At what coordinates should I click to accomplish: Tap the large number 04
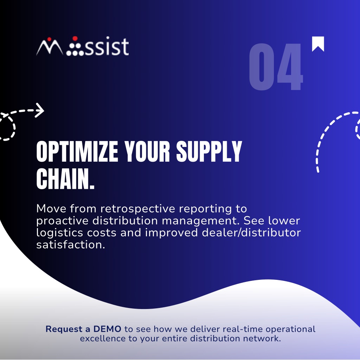276,66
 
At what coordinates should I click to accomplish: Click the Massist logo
82,46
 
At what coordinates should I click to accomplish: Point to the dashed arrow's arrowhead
40,110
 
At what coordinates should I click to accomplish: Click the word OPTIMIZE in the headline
77,152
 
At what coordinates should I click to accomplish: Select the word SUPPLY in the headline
209,152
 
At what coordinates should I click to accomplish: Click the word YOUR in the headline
147,152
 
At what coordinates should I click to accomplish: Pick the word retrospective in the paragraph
138,209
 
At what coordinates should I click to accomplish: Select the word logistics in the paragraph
60,233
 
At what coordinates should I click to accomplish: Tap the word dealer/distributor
251,233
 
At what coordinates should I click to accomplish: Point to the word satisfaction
71,245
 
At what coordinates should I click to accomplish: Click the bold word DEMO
107,329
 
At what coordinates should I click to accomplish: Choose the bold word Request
64,329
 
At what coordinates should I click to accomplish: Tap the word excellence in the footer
103,339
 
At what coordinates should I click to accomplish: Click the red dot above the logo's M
49,39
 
